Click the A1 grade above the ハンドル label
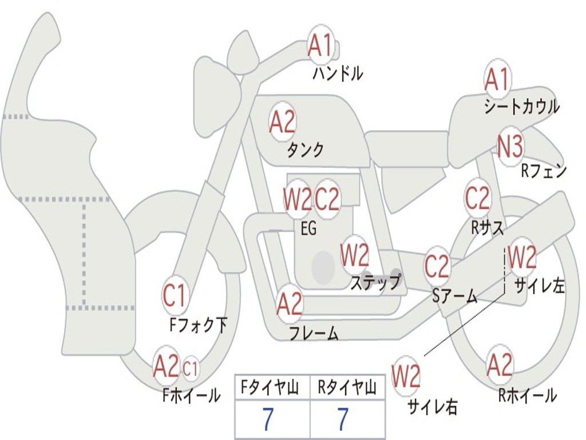320,45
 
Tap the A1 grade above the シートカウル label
497,80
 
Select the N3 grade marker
510,147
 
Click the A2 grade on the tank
282,121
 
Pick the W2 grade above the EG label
297,199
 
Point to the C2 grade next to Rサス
477,198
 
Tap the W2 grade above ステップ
355,256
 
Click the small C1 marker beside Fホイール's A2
191,367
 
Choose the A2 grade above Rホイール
500,365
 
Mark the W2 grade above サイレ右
406,376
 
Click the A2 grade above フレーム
290,304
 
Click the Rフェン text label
543,171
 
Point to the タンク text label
305,150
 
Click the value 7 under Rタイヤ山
343,420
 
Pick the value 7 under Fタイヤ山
268,420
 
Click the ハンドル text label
338,73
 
